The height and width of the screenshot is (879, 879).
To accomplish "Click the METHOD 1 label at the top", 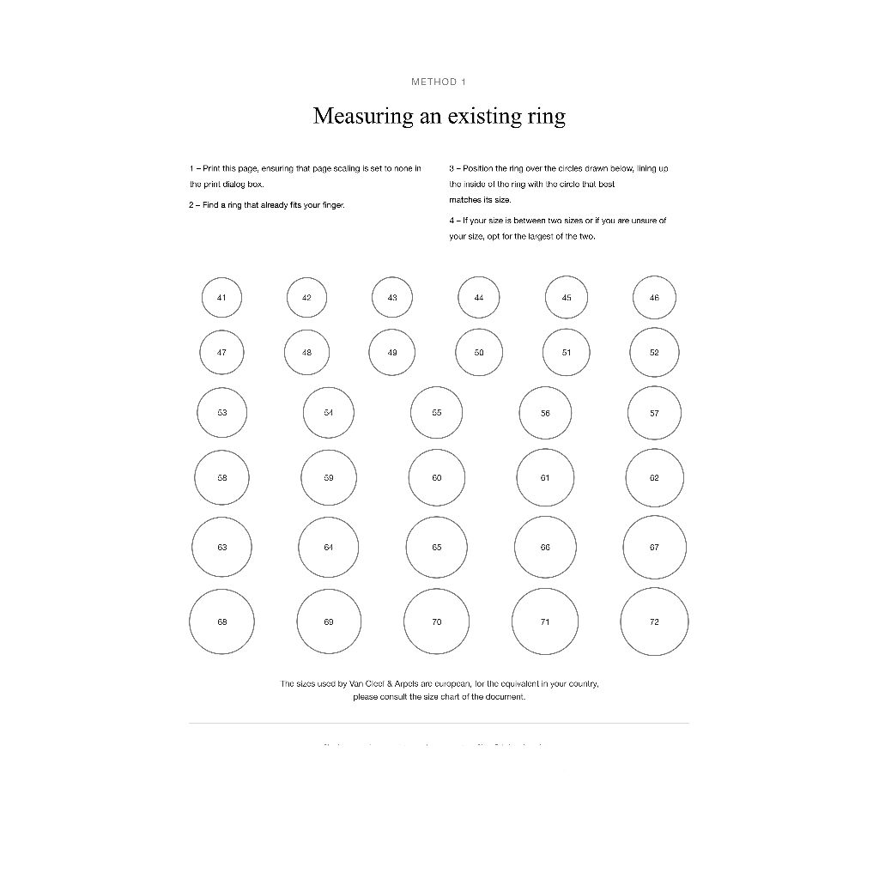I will pyautogui.click(x=439, y=82).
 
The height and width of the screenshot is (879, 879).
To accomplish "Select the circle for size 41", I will pyautogui.click(x=221, y=298).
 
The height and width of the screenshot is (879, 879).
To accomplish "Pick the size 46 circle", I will pyautogui.click(x=654, y=298).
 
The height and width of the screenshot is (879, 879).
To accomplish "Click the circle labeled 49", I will pyautogui.click(x=392, y=352).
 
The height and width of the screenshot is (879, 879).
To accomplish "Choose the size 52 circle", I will pyautogui.click(x=654, y=352).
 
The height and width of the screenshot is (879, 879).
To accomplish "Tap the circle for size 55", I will pyautogui.click(x=437, y=413).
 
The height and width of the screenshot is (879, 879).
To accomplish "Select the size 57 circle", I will pyautogui.click(x=654, y=413).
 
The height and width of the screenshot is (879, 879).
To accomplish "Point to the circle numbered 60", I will pyautogui.click(x=437, y=478).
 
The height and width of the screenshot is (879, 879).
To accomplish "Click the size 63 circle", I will pyautogui.click(x=221, y=547).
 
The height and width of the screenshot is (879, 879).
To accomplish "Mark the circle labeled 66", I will pyautogui.click(x=545, y=547).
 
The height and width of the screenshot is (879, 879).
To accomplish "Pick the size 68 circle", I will pyautogui.click(x=221, y=621).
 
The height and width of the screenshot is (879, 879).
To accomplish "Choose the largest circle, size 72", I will pyautogui.click(x=654, y=621).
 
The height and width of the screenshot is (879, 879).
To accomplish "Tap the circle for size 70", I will pyautogui.click(x=437, y=621).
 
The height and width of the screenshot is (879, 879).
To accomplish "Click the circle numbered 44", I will pyautogui.click(x=479, y=298).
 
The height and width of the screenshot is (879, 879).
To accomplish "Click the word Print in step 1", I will pyautogui.click(x=211, y=168).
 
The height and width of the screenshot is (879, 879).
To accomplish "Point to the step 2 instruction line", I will pyautogui.click(x=267, y=205).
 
